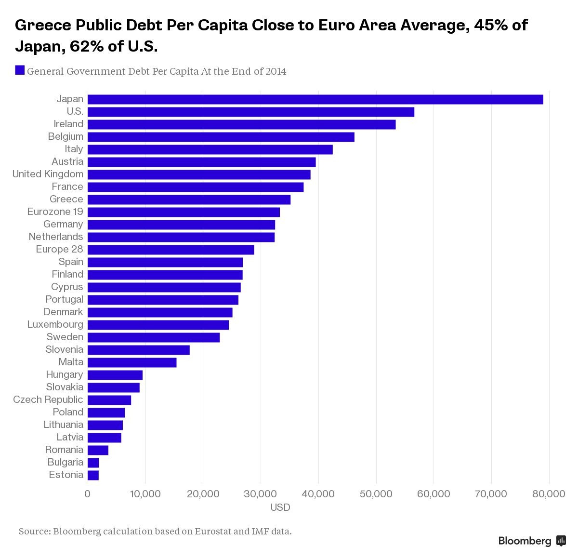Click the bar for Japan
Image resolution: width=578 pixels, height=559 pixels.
click(315, 99)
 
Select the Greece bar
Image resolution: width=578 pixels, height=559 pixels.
click(189, 200)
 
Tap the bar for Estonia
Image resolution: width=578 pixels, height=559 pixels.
click(93, 475)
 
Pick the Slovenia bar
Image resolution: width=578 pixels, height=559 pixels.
click(139, 350)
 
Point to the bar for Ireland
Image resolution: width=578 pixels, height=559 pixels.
click(241, 124)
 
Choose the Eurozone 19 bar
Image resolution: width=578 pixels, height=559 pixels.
click(184, 212)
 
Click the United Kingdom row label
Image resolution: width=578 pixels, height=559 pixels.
click(48, 174)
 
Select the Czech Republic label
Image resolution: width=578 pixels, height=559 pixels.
click(48, 399)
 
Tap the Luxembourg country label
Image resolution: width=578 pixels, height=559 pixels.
click(55, 324)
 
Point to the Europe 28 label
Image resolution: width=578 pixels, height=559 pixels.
click(59, 249)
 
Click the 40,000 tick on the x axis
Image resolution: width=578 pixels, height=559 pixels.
click(318, 494)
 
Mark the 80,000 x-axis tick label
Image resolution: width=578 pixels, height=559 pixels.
click(549, 494)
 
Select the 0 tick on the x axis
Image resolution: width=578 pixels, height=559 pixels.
click(87, 494)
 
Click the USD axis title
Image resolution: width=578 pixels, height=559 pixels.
click(280, 507)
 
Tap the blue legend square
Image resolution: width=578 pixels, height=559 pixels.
click(20, 70)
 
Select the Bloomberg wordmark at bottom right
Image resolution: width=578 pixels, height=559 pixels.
click(525, 541)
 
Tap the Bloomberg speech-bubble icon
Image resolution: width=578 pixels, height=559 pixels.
click(561, 541)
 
